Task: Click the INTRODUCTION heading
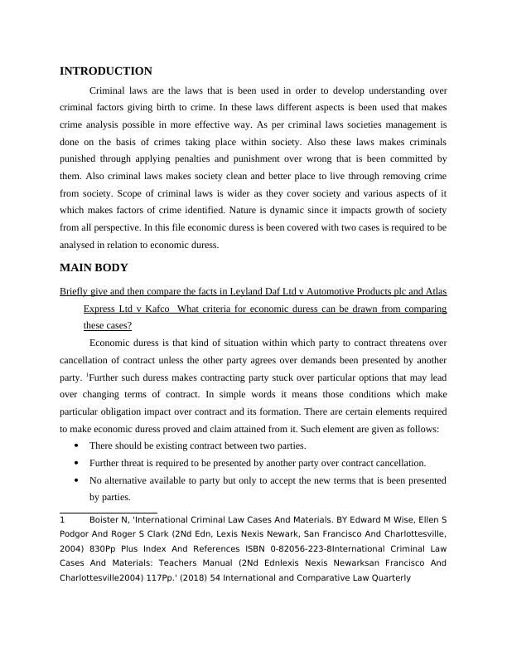click(106, 71)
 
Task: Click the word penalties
click(219, 158)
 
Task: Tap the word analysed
click(80, 246)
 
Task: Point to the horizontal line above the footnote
click(109, 513)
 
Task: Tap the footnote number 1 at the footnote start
click(63, 521)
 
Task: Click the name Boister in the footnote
click(106, 521)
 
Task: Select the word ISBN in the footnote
click(257, 550)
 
